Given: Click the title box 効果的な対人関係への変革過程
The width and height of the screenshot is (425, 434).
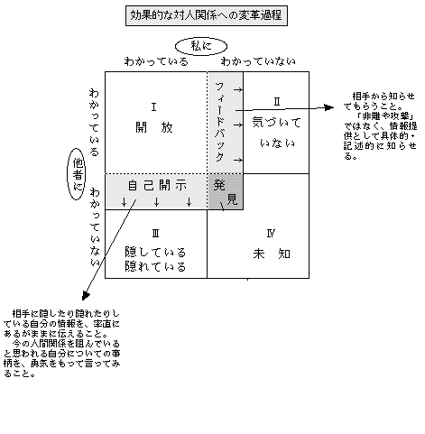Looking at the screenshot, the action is pyautogui.click(x=207, y=15).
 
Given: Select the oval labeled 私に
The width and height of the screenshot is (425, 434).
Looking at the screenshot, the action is pyautogui.click(x=201, y=46).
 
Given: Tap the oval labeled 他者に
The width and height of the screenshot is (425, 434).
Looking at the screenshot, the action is pyautogui.click(x=77, y=174).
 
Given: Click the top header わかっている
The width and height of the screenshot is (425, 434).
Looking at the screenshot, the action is pyautogui.click(x=156, y=61).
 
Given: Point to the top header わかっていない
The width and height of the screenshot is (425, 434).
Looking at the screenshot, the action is pyautogui.click(x=258, y=61).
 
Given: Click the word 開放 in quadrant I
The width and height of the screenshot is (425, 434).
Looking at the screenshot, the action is pyautogui.click(x=154, y=127).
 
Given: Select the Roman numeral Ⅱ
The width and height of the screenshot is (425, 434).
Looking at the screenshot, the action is pyautogui.click(x=277, y=102).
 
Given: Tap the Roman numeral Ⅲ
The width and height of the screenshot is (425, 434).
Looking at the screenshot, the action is pyautogui.click(x=155, y=234).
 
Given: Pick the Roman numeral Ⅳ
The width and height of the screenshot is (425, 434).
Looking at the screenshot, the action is pyautogui.click(x=271, y=234).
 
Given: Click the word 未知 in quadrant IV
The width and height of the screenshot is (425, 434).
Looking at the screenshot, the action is pyautogui.click(x=272, y=254).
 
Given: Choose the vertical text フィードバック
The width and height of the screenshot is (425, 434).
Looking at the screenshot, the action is pyautogui.click(x=220, y=122).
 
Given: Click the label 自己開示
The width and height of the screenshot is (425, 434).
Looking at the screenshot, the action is pyautogui.click(x=157, y=185).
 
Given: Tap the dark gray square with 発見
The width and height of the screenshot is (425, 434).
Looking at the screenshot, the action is pyautogui.click(x=226, y=191).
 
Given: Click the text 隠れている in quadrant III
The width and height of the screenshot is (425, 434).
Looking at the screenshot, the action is pyautogui.click(x=155, y=266).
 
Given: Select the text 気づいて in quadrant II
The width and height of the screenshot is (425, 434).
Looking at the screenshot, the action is pyautogui.click(x=277, y=123).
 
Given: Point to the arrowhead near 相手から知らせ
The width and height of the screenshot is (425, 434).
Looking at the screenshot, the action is pyautogui.click(x=329, y=107).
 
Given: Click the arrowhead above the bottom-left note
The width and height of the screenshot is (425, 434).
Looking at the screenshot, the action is pyautogui.click(x=86, y=296).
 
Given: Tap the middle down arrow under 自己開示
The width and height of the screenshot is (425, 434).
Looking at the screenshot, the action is pyautogui.click(x=156, y=202).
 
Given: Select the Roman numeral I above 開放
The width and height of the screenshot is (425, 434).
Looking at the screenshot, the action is pyautogui.click(x=153, y=107).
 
